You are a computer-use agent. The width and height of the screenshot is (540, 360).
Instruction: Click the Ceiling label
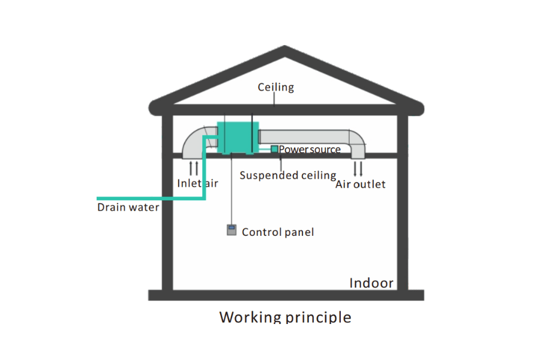point(275,88)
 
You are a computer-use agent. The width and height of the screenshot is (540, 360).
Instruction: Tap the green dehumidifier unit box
point(237,137)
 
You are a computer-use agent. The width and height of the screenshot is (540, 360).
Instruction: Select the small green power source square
point(274,149)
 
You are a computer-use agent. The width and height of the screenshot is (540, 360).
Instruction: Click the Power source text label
point(310,149)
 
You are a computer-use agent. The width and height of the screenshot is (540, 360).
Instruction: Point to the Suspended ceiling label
point(287,175)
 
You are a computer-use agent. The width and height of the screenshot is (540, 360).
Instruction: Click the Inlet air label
point(197,183)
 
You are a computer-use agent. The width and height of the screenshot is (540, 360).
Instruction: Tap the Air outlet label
point(360,184)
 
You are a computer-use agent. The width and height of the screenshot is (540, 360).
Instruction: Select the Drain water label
point(128,208)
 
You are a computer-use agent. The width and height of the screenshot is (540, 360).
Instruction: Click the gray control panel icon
point(231,230)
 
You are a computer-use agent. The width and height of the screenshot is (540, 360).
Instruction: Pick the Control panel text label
point(277,232)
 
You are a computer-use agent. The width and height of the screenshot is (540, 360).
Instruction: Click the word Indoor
point(371,283)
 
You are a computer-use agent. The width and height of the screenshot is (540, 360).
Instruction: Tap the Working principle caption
point(285,317)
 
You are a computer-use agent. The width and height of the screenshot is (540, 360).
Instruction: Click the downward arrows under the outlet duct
point(358,167)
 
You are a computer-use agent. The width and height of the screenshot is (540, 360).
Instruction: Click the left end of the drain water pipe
point(100,198)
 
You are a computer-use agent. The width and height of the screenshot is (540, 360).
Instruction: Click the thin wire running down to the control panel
point(232,192)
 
